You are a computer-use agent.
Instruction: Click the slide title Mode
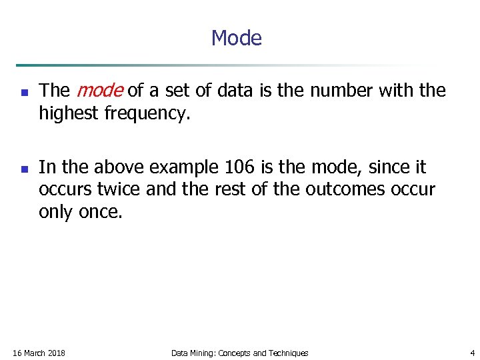click(236, 38)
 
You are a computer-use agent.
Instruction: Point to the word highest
click(69, 114)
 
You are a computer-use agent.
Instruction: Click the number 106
click(241, 167)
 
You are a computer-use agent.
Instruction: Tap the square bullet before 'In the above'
click(24, 169)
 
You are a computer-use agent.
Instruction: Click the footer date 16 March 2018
click(39, 353)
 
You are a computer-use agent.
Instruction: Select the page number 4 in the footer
click(472, 353)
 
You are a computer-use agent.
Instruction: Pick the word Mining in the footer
click(203, 353)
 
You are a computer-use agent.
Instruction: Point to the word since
click(378, 167)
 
